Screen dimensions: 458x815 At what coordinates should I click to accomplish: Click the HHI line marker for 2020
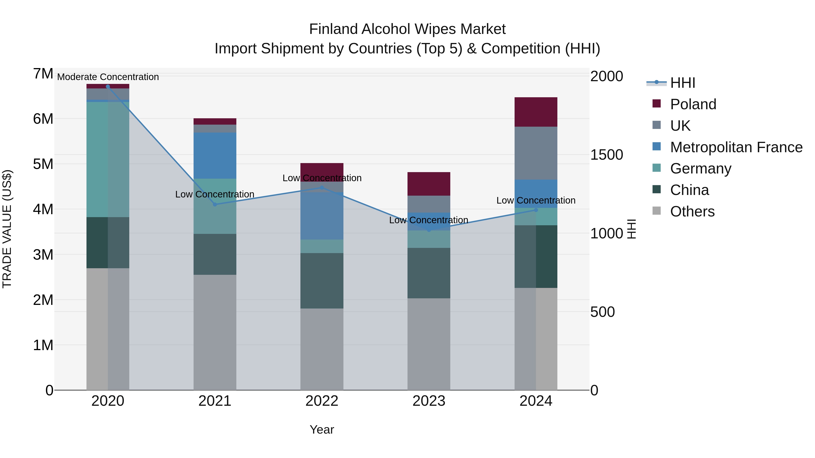(108, 87)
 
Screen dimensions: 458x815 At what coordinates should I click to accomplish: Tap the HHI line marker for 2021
(215, 204)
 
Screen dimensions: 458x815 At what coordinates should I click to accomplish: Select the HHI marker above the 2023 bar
(429, 230)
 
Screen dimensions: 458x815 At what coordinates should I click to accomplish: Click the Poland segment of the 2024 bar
(536, 112)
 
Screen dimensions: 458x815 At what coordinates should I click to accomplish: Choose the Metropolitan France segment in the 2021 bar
(215, 156)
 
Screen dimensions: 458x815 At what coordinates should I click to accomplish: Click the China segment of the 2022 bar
(322, 281)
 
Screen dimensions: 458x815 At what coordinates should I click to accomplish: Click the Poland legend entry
(693, 104)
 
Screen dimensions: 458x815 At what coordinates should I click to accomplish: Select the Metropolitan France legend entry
(736, 147)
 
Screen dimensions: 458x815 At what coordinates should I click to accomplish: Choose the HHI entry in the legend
(682, 83)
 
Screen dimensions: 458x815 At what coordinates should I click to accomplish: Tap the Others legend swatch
(657, 211)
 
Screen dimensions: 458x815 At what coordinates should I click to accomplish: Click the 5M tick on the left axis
(43, 164)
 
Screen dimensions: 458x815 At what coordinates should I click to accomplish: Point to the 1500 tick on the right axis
(606, 155)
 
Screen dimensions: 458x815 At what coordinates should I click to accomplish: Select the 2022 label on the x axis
(322, 401)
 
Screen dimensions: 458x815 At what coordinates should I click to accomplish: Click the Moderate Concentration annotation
(108, 77)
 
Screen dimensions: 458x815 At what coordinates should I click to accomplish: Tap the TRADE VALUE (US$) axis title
(7, 229)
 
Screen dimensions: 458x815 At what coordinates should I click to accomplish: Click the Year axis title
(322, 430)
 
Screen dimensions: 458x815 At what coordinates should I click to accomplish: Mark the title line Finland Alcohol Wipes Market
(407, 29)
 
